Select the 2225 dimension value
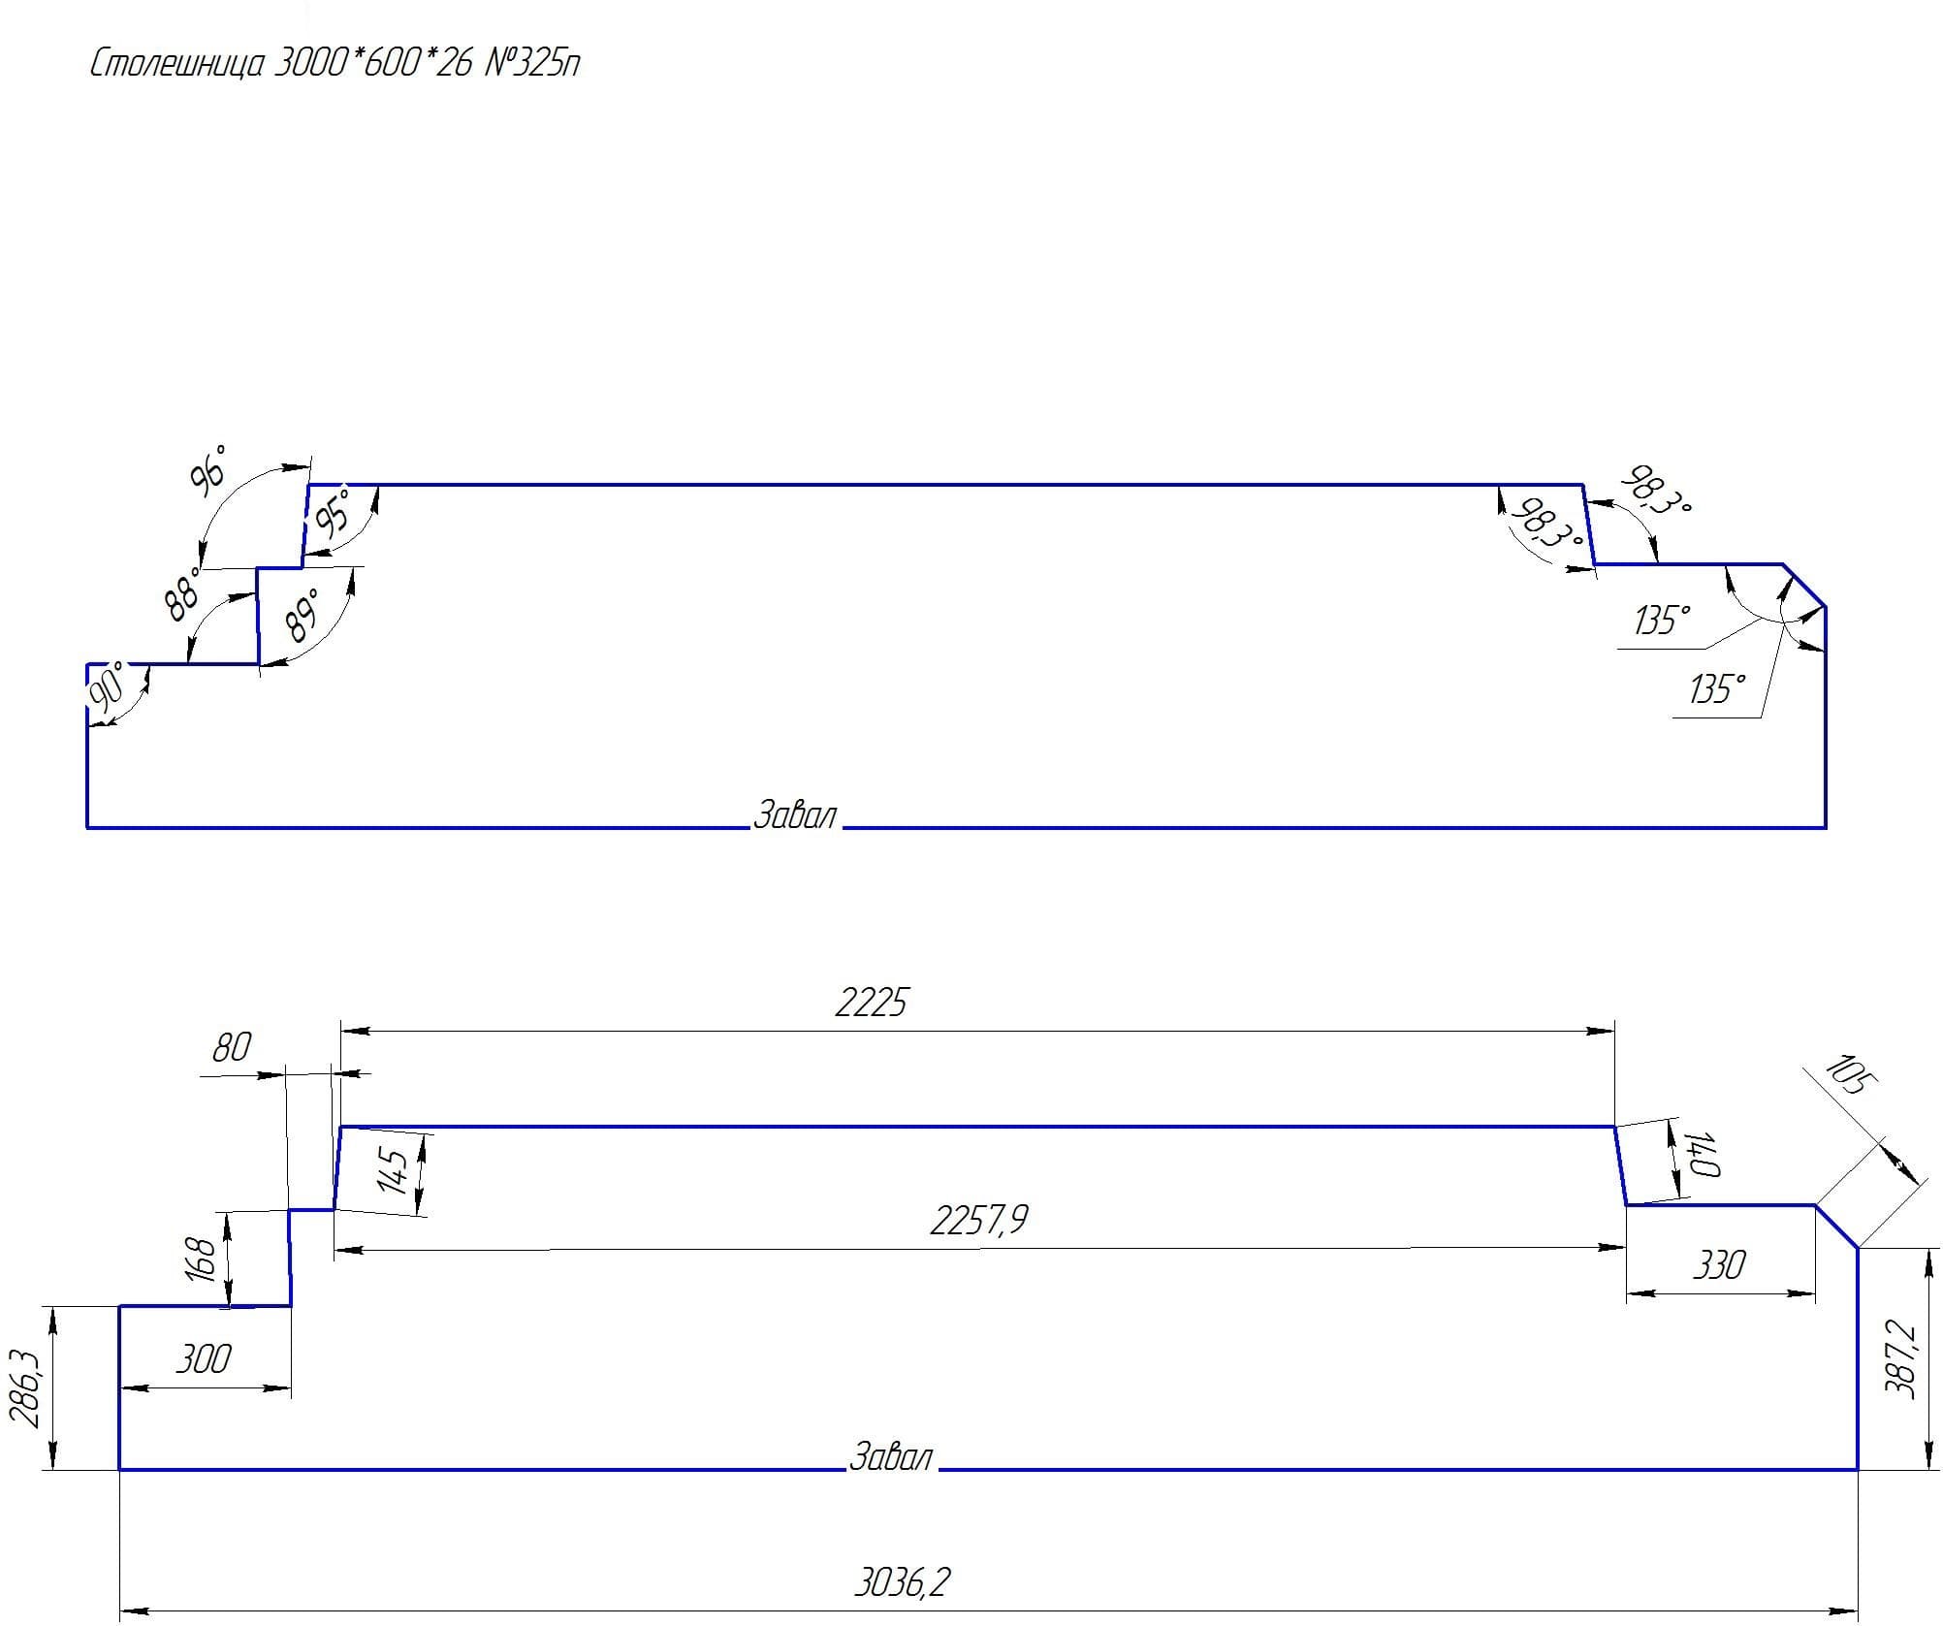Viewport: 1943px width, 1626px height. click(x=871, y=1003)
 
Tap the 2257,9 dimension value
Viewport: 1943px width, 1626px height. click(x=978, y=1220)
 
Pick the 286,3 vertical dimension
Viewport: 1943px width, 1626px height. click(x=25, y=1390)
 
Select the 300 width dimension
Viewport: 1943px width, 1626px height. click(x=203, y=1359)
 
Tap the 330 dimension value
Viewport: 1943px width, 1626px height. click(x=1718, y=1264)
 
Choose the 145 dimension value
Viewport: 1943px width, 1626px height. click(x=395, y=1169)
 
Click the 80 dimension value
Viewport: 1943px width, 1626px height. click(x=231, y=1047)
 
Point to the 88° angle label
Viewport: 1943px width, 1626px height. click(x=182, y=593)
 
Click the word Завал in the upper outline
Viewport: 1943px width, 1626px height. click(x=794, y=814)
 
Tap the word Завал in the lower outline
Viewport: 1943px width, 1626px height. click(x=890, y=1457)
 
